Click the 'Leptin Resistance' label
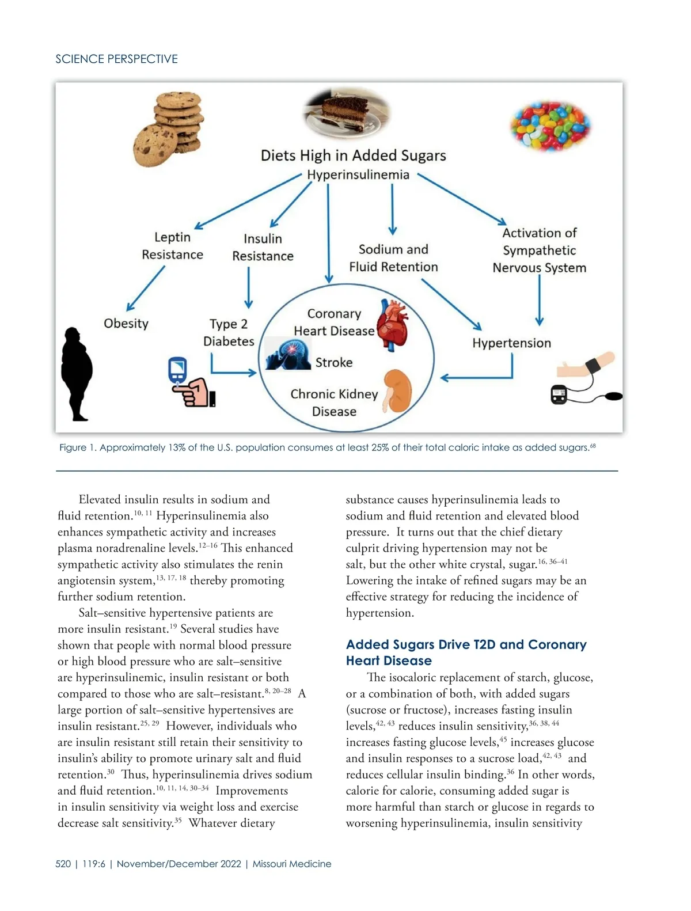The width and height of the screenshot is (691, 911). coord(172,246)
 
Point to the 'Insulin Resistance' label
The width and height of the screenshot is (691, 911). coord(263,248)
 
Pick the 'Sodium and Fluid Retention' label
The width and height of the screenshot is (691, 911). coord(393,258)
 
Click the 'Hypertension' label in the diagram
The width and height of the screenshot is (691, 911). coord(511,343)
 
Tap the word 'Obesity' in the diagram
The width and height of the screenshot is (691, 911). coord(126,324)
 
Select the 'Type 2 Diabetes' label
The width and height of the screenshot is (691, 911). coord(229,333)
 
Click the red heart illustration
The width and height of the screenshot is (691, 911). coord(392,325)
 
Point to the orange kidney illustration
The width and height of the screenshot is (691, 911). coord(397,391)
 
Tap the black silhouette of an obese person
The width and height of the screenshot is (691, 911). coord(77,373)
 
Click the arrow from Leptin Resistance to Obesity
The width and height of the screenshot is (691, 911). coord(145,289)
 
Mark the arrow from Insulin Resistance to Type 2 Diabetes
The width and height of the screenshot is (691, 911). coord(249,288)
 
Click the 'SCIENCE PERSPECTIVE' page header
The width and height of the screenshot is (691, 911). coord(116,59)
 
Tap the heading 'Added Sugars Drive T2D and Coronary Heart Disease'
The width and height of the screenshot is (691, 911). coord(466,652)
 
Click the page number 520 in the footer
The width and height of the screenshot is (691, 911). coord(63,864)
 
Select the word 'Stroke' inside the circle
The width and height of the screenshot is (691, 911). coord(334,363)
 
